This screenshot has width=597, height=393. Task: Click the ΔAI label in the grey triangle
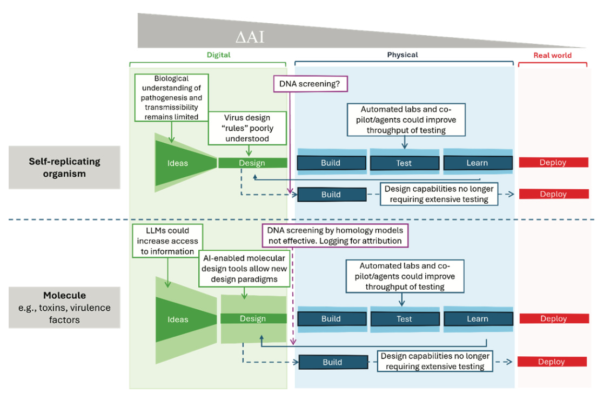250,37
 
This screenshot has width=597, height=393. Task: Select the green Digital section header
218,55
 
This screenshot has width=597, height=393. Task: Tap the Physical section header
403,55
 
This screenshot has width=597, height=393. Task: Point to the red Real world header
552,55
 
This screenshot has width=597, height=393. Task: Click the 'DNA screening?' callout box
311,84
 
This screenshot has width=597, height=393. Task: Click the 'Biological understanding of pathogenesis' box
171,98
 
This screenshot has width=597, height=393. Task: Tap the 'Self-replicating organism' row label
64,168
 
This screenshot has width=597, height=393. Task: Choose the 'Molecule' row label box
64,308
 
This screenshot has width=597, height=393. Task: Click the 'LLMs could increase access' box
168,241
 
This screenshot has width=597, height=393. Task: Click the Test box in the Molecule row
404,319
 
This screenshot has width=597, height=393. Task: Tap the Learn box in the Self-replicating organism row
478,163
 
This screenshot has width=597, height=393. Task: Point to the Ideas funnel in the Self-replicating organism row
178,163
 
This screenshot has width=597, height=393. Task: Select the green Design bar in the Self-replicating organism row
252,163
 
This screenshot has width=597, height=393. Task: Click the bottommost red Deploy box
552,362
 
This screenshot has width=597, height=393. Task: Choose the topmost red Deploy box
553,162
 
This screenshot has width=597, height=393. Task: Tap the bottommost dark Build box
333,362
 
